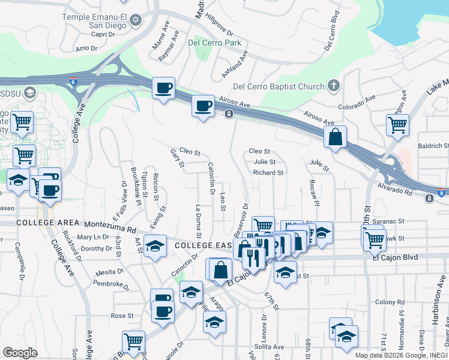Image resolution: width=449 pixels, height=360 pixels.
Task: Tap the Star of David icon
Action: coord(136,21)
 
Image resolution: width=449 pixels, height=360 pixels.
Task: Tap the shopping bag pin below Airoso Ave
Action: coord(336,137)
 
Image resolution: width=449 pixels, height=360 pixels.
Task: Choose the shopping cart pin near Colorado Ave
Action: coord(397,125)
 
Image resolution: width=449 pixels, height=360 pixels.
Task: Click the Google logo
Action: coord(20,353)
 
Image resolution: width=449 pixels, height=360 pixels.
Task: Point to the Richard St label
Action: coord(268,173)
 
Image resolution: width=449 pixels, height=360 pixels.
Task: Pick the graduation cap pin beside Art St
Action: coord(155,247)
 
